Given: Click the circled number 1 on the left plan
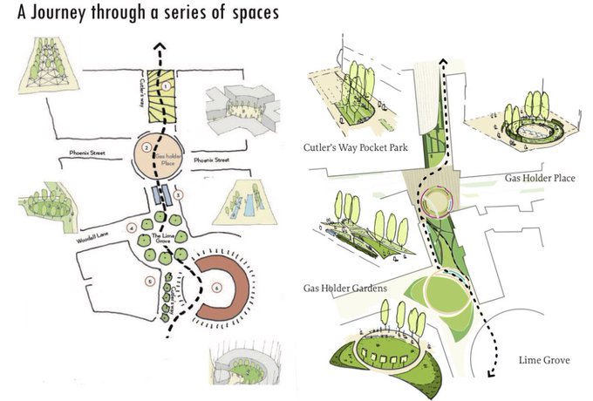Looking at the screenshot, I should pyautogui.click(x=165, y=86).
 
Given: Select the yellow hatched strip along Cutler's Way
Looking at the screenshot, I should pyautogui.click(x=160, y=96).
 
